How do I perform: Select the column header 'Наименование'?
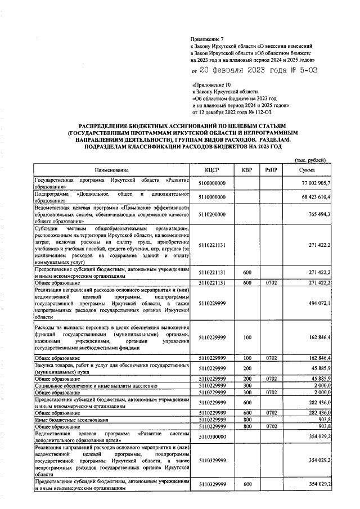tap(111, 170)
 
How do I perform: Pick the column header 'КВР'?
tap(246, 170)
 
